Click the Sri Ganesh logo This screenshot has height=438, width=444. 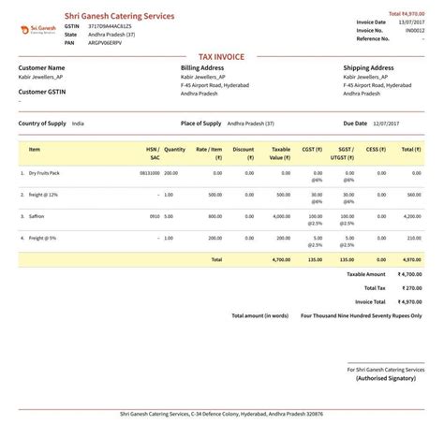(36, 28)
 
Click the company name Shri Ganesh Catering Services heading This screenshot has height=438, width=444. (118, 15)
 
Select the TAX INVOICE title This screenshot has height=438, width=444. (221, 57)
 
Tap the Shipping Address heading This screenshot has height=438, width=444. (369, 68)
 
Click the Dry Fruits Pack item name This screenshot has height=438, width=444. (45, 173)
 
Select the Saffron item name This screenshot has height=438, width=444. (37, 216)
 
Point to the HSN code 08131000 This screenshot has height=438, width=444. (150, 173)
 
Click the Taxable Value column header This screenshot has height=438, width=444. (279, 153)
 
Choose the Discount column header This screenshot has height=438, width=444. (243, 153)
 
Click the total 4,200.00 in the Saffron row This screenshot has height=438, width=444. (411, 216)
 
